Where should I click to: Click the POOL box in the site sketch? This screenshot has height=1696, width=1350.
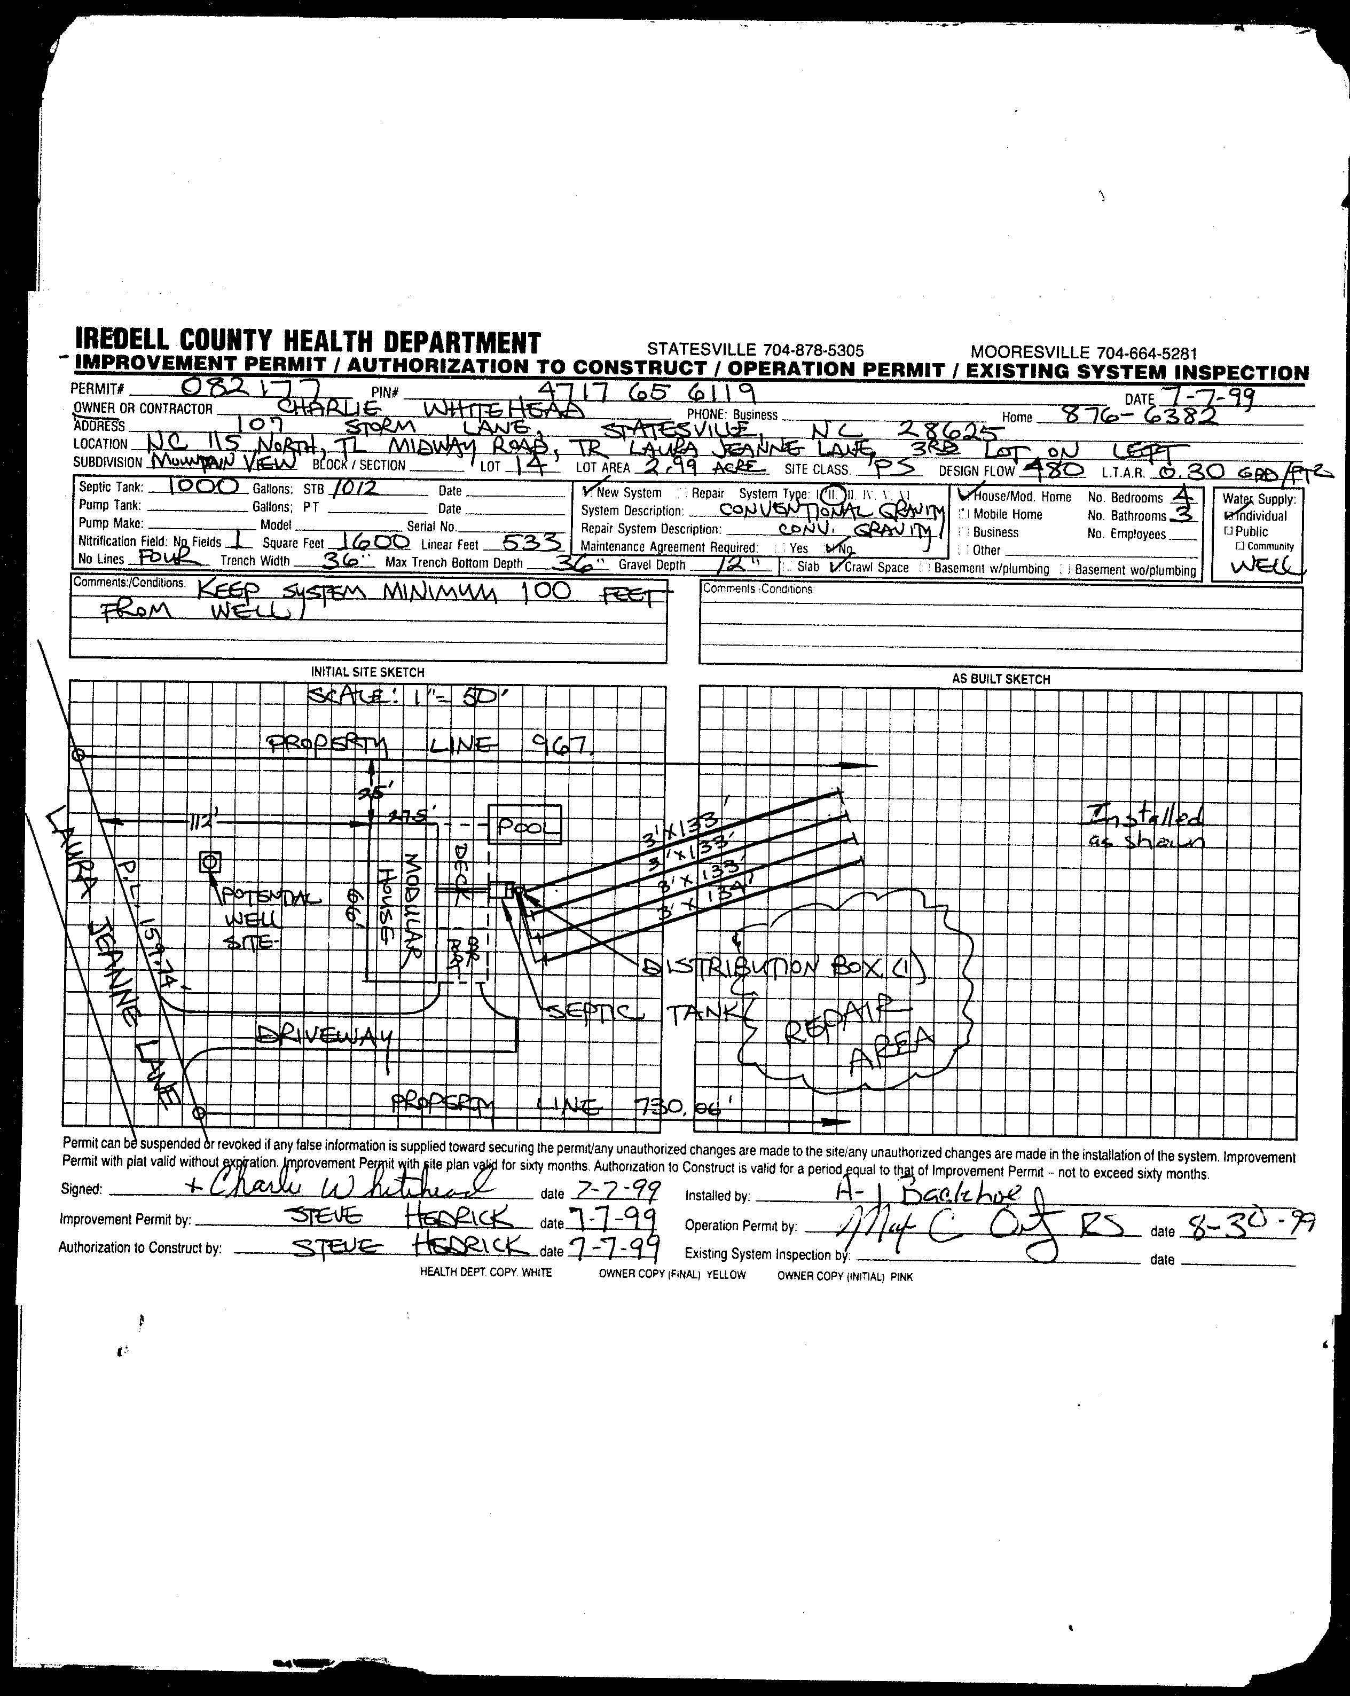(525, 825)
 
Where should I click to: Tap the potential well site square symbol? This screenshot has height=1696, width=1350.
(209, 863)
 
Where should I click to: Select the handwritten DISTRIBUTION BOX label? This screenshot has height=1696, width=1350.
(779, 968)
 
